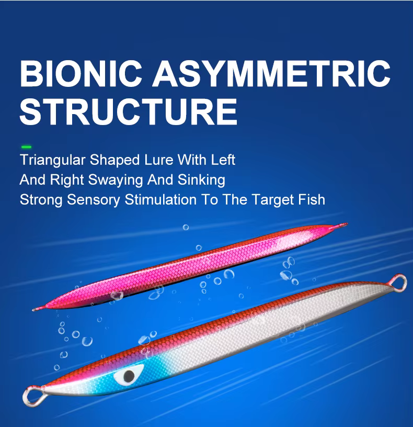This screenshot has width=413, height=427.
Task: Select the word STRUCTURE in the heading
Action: (x=129, y=111)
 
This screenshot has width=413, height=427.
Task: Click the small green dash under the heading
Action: (x=26, y=147)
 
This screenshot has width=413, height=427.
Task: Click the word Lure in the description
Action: (x=159, y=160)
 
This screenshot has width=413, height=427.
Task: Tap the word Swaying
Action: (x=116, y=181)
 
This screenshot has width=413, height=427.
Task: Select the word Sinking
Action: (x=201, y=181)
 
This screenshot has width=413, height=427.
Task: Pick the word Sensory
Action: (x=94, y=200)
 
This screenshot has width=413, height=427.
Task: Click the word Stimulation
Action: (x=160, y=199)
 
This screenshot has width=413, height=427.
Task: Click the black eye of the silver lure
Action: (x=129, y=376)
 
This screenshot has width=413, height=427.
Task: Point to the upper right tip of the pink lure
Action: (x=347, y=224)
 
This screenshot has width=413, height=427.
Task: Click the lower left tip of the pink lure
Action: (x=33, y=310)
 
